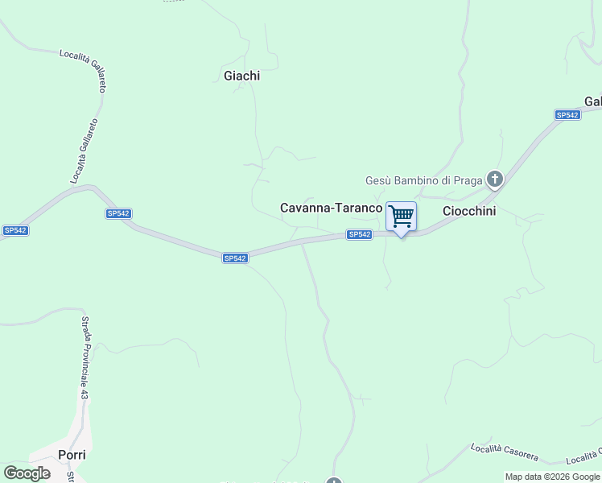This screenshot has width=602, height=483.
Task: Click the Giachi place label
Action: tap(241, 76)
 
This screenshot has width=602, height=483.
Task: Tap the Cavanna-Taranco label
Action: tap(331, 208)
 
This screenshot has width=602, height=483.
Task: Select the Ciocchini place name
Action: tap(469, 211)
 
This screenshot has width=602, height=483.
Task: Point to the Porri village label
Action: tap(72, 455)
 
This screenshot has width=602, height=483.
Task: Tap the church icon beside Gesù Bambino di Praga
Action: tap(495, 179)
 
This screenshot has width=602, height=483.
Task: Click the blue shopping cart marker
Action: tap(401, 217)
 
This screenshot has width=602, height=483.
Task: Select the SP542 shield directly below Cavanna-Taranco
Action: tap(360, 234)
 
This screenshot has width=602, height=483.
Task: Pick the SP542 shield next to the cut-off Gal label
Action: tap(567, 115)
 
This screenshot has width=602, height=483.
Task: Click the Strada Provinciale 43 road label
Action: tap(83, 357)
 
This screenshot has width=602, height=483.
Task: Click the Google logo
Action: tap(27, 473)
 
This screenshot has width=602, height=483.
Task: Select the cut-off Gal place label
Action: tap(593, 101)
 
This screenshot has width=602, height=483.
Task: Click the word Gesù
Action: tap(377, 180)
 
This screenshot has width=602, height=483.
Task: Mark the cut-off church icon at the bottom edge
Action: tap(334, 480)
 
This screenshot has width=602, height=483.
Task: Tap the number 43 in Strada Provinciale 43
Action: tap(83, 394)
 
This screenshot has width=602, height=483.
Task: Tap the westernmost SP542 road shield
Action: tap(15, 230)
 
